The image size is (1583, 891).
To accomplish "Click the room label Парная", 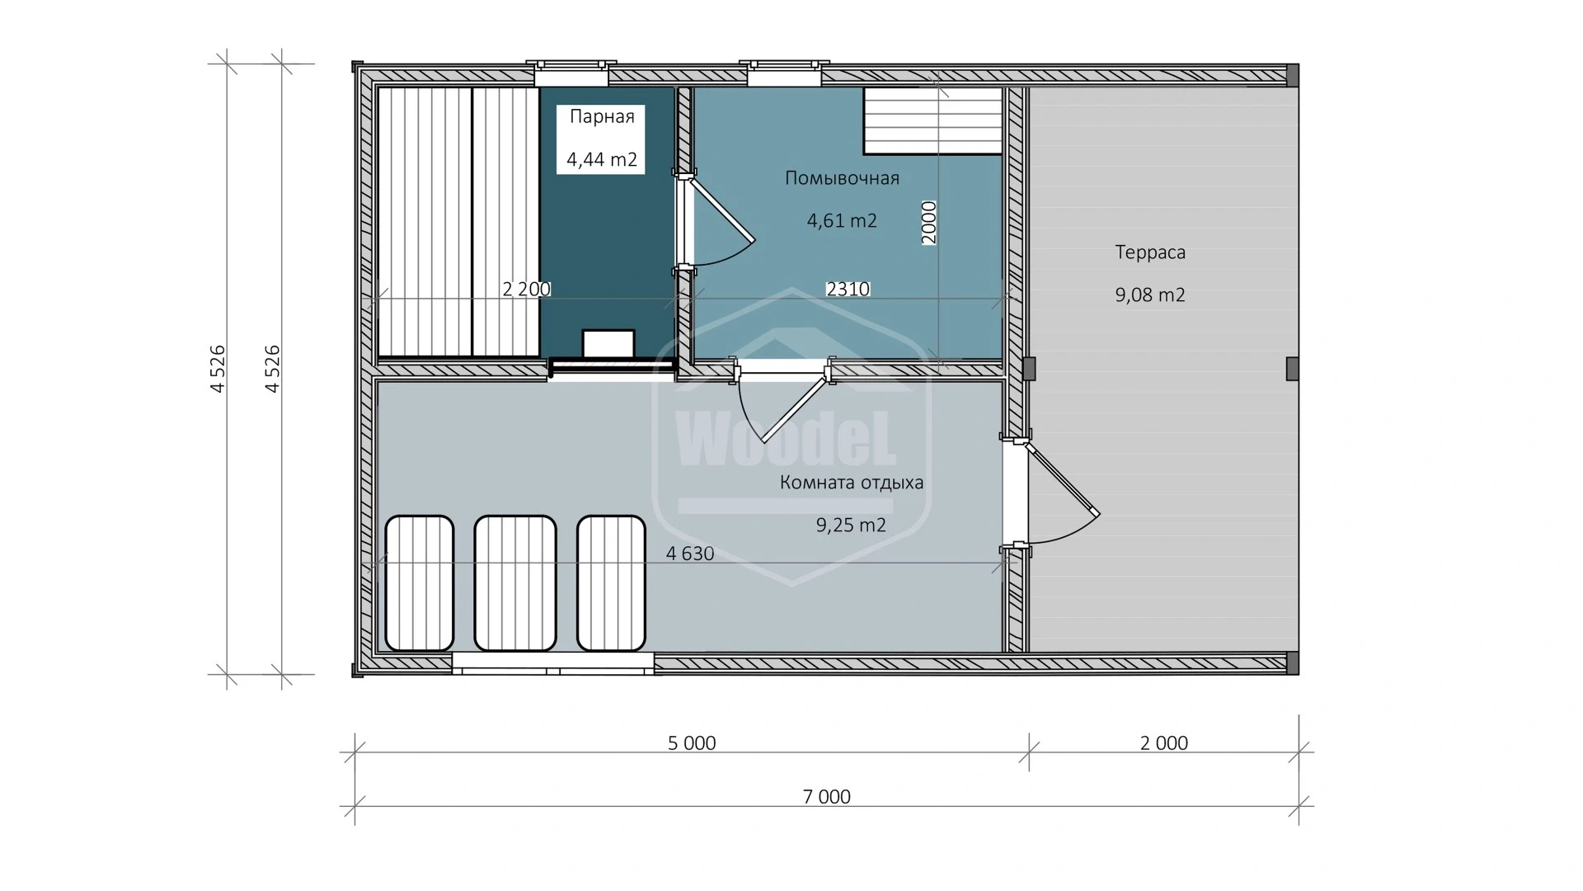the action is click(602, 116).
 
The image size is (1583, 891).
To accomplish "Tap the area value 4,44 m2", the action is click(602, 159).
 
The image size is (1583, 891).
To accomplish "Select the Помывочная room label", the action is click(842, 177).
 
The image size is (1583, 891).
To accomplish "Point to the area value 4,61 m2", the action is click(842, 220).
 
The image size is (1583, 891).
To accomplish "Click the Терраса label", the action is click(1150, 252).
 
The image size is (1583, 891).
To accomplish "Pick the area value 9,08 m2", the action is click(1150, 295).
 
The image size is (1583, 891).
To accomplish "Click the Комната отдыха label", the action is click(852, 483).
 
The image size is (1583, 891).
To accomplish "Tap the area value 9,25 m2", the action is click(851, 525).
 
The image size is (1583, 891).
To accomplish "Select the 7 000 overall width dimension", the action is click(826, 796).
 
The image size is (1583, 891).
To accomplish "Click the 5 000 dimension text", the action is click(692, 742).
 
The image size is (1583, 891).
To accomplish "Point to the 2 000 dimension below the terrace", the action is click(1164, 742).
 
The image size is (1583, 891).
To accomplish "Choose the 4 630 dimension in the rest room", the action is click(690, 554).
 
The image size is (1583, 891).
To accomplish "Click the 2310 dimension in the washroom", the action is click(848, 289).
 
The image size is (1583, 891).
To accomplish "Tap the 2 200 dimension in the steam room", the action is click(527, 289).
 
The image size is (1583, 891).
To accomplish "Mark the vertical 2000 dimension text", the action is click(929, 222).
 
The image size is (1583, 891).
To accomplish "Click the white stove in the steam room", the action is click(608, 343).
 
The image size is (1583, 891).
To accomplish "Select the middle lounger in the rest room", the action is click(516, 583).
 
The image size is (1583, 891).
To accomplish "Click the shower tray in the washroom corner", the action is click(932, 120).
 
